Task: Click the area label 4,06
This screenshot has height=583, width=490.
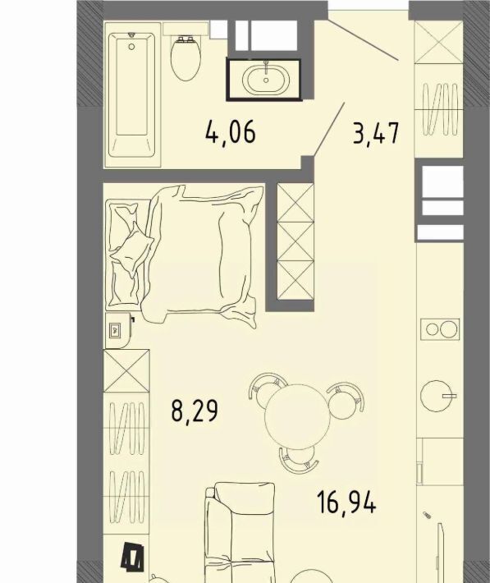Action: pos(231,133)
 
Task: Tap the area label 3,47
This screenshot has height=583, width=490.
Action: pos(376,133)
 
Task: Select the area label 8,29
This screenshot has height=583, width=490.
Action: pos(195,410)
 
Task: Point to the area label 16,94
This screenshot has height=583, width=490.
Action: pos(346,503)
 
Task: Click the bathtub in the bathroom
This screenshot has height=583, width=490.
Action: pos(132,94)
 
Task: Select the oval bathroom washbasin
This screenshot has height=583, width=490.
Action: pos(265,80)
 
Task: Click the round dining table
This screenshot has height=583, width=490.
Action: pos(297,416)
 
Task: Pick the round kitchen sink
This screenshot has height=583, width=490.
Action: pos(435,396)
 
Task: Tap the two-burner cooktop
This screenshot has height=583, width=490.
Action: pos(440,329)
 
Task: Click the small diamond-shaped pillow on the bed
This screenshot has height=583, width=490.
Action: pos(133,248)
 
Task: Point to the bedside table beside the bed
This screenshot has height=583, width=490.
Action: pos(118,330)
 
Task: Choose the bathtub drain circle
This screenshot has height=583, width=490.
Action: pos(131,47)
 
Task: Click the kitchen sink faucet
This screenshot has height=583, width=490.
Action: pos(449,397)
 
